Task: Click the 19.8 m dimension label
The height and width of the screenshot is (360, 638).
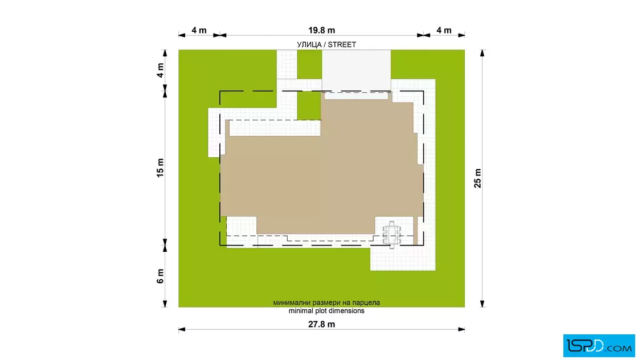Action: [x=321, y=30]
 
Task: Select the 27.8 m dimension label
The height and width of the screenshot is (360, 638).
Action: [x=321, y=324]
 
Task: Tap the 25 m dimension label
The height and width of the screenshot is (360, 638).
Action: [x=478, y=178]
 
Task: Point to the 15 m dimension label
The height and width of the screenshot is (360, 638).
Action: [x=160, y=167]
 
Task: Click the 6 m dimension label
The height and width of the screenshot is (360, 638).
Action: [x=160, y=276]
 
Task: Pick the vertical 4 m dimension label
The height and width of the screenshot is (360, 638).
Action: [x=160, y=71]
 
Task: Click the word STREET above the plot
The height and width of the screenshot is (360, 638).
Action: [x=342, y=45]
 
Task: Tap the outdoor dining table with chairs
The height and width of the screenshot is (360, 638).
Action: [x=391, y=235]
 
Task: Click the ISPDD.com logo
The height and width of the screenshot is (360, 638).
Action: [x=599, y=346]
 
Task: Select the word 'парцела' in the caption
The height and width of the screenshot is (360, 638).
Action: [x=366, y=302]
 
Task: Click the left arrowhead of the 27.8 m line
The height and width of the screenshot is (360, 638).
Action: [x=182, y=329]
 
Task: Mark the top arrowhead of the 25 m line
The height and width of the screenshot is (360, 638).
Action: [x=482, y=54]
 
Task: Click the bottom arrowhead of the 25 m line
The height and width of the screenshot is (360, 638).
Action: [x=482, y=304]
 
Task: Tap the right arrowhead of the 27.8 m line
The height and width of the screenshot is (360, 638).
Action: [x=461, y=329]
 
